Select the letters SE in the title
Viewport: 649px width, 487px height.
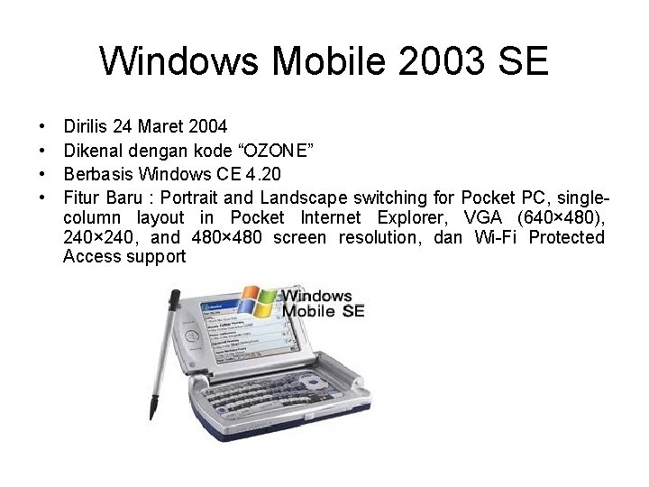click(x=523, y=62)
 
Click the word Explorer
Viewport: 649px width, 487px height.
click(x=410, y=217)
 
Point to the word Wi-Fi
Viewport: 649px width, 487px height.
click(x=495, y=238)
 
